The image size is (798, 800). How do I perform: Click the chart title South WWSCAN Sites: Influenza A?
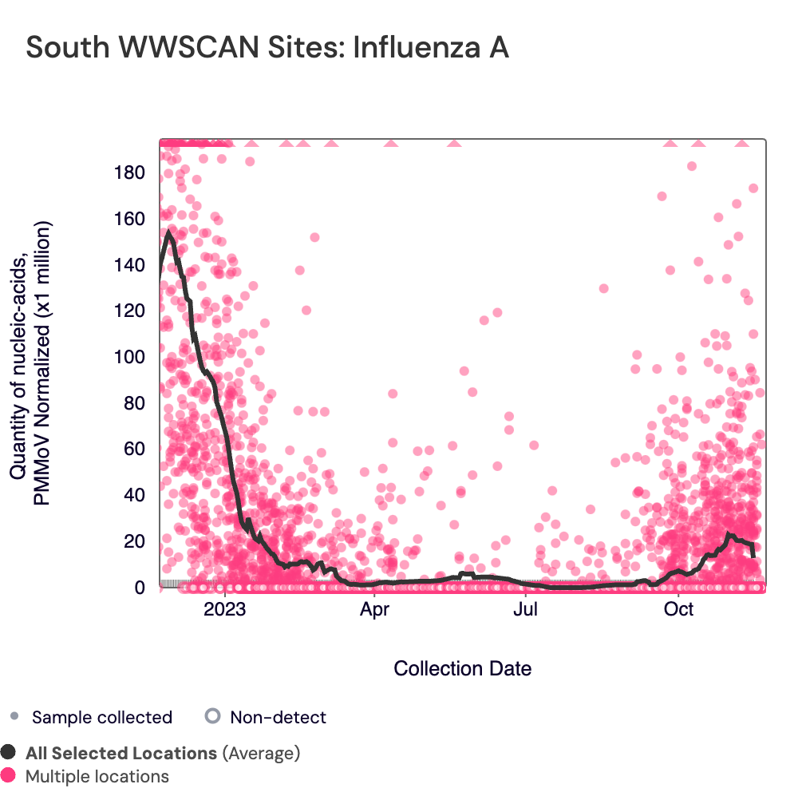pyautogui.click(x=267, y=48)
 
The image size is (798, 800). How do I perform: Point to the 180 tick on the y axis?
pyautogui.click(x=129, y=172)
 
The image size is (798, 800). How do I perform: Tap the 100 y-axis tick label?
pyautogui.click(x=129, y=357)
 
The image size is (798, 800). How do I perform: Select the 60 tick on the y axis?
pyautogui.click(x=133, y=449)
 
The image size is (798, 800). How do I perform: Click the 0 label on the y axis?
pyautogui.click(x=139, y=588)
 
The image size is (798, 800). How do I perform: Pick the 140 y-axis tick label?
pyautogui.click(x=129, y=265)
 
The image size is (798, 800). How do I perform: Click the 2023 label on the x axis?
pyautogui.click(x=225, y=611)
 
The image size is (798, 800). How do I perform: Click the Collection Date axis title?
pyautogui.click(x=463, y=668)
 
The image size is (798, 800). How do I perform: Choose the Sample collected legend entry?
pyautogui.click(x=101, y=717)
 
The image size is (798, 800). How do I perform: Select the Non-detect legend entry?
pyautogui.click(x=278, y=717)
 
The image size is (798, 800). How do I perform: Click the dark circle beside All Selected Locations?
pyautogui.click(x=9, y=752)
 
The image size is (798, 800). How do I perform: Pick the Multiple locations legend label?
pyautogui.click(x=97, y=776)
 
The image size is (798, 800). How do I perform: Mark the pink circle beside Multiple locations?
pyautogui.click(x=9, y=775)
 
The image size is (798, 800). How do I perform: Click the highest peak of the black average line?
pyautogui.click(x=168, y=232)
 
